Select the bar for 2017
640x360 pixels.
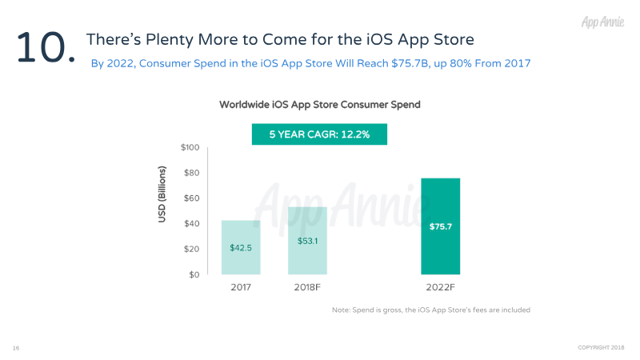(x=241, y=247)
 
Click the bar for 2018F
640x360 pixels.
(x=308, y=241)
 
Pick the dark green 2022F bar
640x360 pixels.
(x=441, y=226)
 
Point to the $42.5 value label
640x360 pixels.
(x=241, y=248)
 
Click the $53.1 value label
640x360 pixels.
(x=308, y=240)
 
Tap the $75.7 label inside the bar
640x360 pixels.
(x=441, y=227)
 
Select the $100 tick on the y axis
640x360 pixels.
(x=190, y=147)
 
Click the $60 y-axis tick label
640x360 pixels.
(x=191, y=198)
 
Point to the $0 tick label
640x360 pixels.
(x=194, y=275)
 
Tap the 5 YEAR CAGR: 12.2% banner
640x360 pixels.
(x=319, y=134)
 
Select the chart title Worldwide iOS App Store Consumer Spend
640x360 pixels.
(x=319, y=105)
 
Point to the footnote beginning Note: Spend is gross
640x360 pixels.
(x=431, y=310)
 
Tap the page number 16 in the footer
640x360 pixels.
(x=16, y=348)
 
